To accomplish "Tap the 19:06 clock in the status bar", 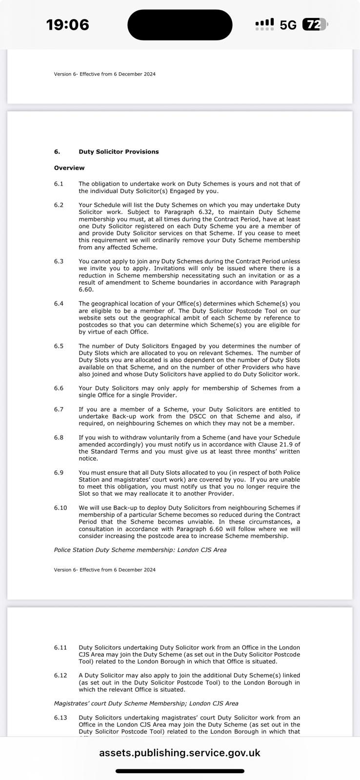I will pos(67,24).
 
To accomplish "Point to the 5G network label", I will pos(288,25).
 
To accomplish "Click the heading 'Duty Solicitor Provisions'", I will pos(119,152).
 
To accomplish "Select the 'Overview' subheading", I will pos(69,168).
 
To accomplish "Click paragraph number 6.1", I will pos(59,184).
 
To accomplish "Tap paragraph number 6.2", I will pos(59,205).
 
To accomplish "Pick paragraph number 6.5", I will pos(59,346).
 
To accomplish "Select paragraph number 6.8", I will pos(59,437).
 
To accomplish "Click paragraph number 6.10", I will pos(60,507).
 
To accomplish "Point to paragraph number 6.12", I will pos(60,675).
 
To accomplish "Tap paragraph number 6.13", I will pos(60,718).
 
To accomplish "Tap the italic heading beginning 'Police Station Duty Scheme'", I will pos(140,550).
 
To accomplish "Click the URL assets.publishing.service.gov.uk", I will pos(180,753).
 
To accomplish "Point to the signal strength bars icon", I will pos(264,24).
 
